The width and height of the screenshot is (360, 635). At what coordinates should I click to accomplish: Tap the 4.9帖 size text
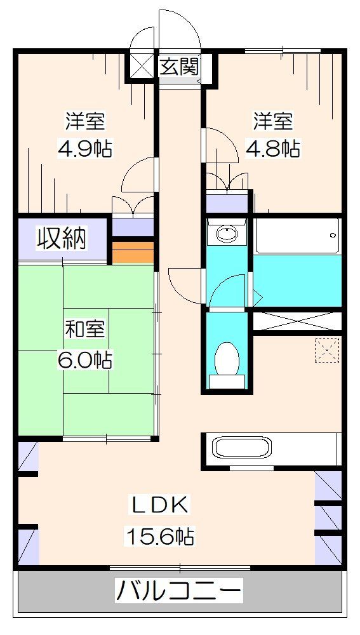pyautogui.click(x=86, y=149)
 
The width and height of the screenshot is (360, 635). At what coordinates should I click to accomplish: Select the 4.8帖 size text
pyautogui.click(x=273, y=149)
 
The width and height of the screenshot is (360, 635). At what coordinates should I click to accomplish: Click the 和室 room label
pyautogui.click(x=86, y=331)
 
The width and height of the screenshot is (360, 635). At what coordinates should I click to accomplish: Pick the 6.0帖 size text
pyautogui.click(x=86, y=360)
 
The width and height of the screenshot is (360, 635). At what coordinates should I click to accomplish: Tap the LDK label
pyautogui.click(x=158, y=506)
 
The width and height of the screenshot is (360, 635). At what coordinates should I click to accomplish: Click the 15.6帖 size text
pyautogui.click(x=158, y=537)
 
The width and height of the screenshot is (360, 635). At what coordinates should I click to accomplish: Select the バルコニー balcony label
pyautogui.click(x=179, y=591)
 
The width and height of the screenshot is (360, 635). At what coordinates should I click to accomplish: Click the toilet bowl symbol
pyautogui.click(x=225, y=359)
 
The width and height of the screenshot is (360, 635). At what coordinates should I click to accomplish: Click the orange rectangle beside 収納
pyautogui.click(x=133, y=251)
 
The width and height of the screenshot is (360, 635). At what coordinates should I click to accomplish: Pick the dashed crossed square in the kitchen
pyautogui.click(x=328, y=349)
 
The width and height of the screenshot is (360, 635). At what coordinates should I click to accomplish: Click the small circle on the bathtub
pyautogui.click(x=332, y=236)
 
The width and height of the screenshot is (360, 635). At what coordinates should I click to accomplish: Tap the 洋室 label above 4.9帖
pyautogui.click(x=86, y=120)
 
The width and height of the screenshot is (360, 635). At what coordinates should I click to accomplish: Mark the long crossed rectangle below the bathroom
pyautogui.click(x=297, y=320)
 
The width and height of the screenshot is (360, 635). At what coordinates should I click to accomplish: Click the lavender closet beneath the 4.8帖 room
pyautogui.click(x=227, y=204)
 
